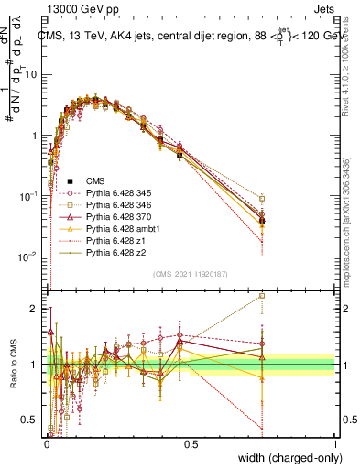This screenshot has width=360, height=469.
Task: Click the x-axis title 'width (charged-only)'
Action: (x=285, y=458)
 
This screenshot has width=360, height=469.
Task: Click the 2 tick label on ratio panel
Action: (x=34, y=309)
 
